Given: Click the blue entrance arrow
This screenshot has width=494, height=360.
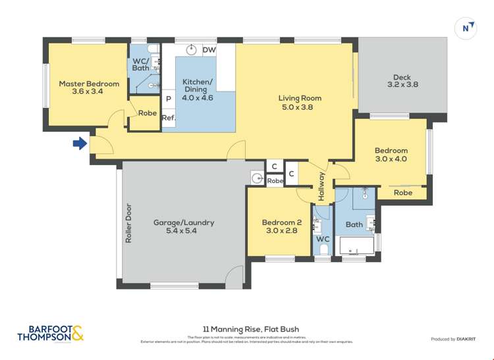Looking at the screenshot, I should click(x=80, y=143).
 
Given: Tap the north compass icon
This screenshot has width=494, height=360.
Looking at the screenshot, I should click(x=466, y=28).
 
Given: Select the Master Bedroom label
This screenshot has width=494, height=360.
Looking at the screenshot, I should click(x=89, y=84).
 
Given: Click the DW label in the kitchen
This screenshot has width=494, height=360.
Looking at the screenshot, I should click(x=209, y=50).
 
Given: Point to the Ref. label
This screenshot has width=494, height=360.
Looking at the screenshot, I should click(x=168, y=118).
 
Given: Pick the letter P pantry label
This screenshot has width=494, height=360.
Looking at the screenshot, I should click(x=169, y=99).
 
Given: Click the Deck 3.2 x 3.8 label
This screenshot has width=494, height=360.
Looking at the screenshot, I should click(x=402, y=80).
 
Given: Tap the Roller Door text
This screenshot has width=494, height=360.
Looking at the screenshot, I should click(x=129, y=223).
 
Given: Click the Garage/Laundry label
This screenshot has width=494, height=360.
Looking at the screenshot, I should click(x=184, y=222).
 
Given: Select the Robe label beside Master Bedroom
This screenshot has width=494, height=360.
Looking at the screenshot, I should click(x=148, y=113).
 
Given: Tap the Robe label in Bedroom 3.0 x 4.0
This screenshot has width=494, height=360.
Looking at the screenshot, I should click(x=403, y=193).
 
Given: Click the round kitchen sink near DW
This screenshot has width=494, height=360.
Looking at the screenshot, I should click(x=192, y=49).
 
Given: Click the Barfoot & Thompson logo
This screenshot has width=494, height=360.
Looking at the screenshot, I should click(x=51, y=334).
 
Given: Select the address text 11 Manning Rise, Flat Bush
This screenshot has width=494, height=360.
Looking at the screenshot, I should click(x=247, y=329).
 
